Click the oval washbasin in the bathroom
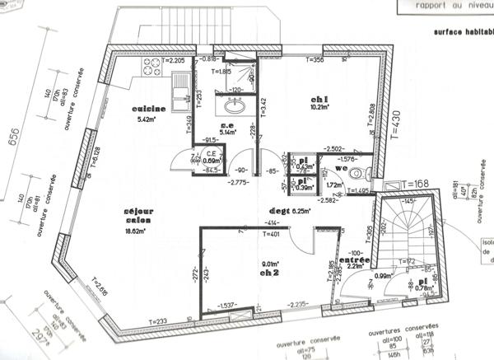(x=232, y=106)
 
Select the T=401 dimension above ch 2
(x=273, y=234)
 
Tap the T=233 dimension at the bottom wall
(x=159, y=321)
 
